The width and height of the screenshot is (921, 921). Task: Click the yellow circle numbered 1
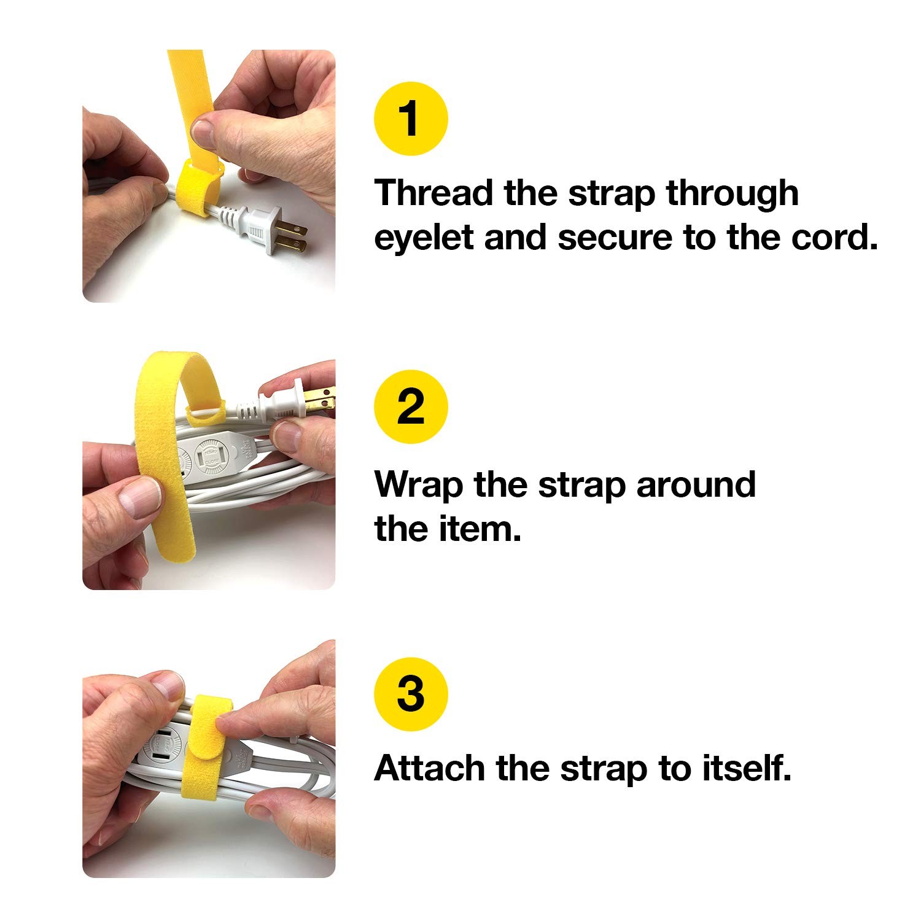[x=411, y=119]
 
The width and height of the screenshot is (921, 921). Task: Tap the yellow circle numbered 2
[x=411, y=407]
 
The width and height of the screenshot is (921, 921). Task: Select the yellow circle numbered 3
[x=411, y=694]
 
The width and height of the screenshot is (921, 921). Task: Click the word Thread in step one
[x=434, y=193]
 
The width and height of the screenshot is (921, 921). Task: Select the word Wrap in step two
[x=419, y=484]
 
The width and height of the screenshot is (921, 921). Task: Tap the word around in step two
[x=695, y=484]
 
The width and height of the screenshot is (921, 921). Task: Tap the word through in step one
[x=732, y=193]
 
